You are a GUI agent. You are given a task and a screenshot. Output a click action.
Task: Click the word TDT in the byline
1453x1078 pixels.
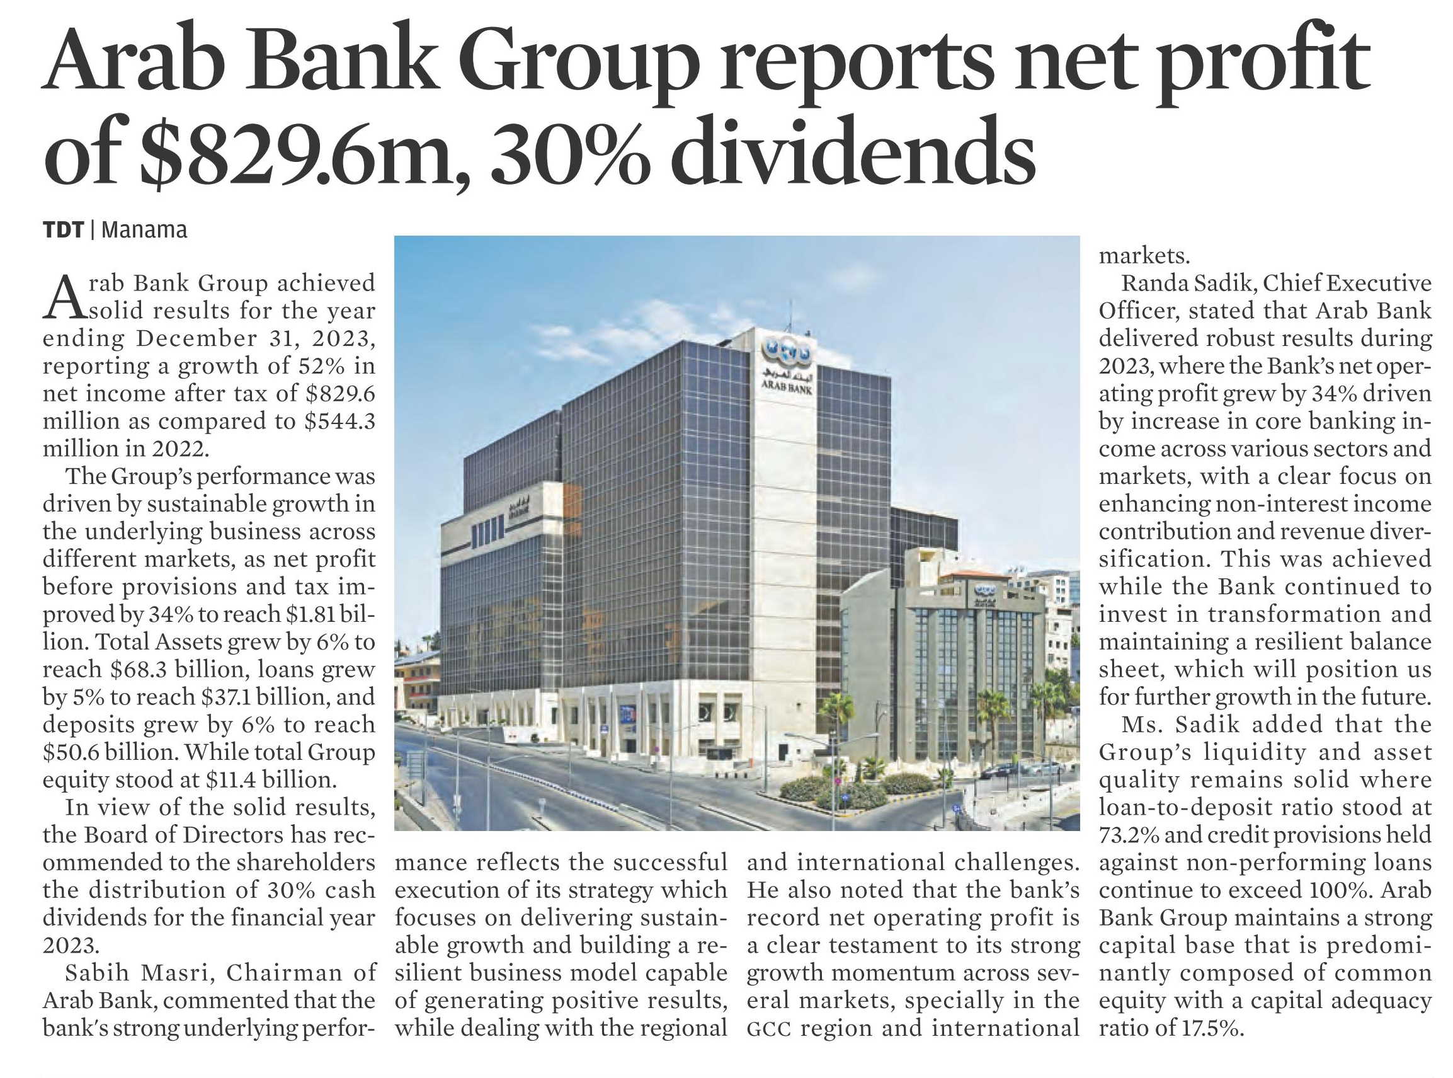click(x=63, y=230)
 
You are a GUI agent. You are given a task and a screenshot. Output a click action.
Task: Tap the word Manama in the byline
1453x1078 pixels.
click(x=144, y=230)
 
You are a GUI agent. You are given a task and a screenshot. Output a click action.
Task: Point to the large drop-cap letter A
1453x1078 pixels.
click(x=66, y=297)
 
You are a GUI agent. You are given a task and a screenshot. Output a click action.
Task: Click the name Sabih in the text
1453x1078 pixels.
click(x=97, y=973)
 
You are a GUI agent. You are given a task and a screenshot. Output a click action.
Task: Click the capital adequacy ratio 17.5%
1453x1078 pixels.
click(x=1209, y=1029)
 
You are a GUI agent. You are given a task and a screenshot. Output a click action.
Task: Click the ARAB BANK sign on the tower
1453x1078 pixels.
click(x=787, y=389)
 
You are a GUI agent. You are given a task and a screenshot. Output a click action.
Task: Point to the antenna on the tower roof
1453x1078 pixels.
click(x=790, y=316)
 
